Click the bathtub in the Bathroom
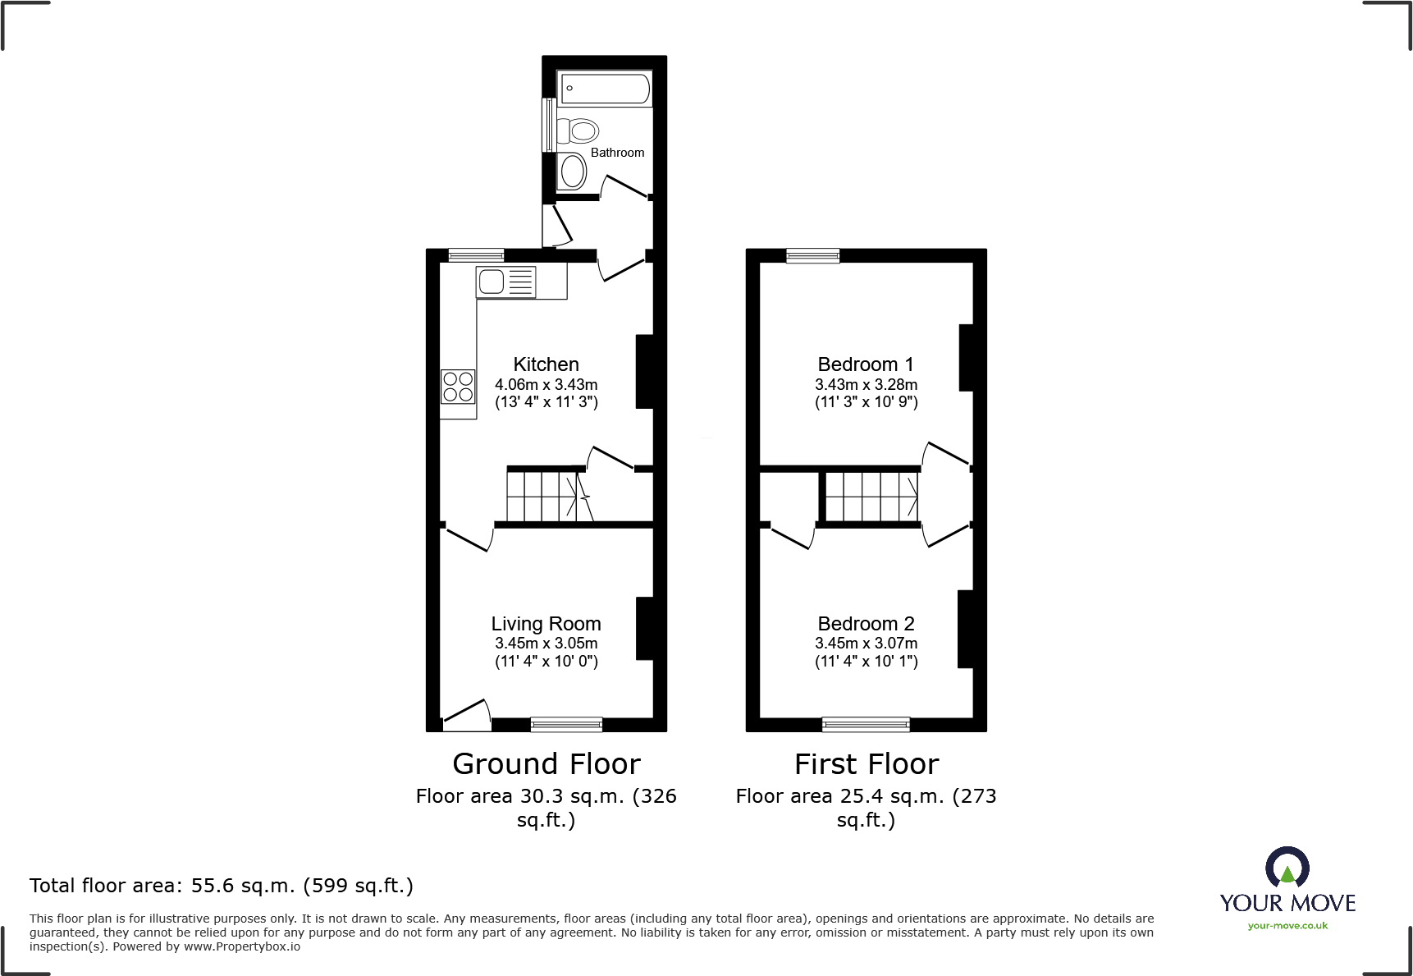(x=606, y=89)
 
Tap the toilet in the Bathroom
(x=579, y=131)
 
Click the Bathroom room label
(x=617, y=153)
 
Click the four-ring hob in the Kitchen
(x=458, y=387)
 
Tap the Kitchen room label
(x=546, y=364)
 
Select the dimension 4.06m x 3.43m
(x=546, y=384)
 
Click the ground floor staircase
(x=545, y=495)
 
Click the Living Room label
(x=546, y=624)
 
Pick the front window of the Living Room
(x=566, y=724)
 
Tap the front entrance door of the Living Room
(x=466, y=716)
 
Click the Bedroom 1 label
(x=866, y=364)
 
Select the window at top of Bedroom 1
(x=812, y=255)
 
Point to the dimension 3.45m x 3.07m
(x=866, y=644)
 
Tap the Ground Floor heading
(x=546, y=764)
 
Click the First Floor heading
(x=866, y=764)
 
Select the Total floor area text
(x=222, y=886)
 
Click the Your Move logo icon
(x=1287, y=868)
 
